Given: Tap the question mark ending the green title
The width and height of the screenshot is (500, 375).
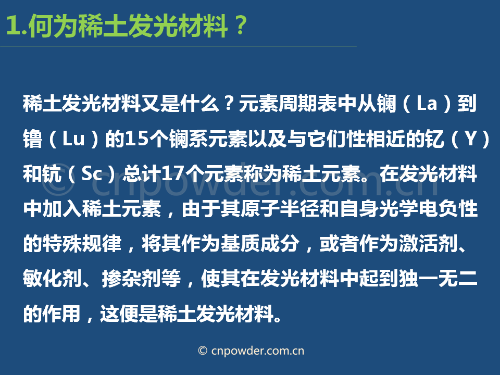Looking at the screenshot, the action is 241,26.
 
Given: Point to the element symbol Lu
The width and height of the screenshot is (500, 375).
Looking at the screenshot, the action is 73,139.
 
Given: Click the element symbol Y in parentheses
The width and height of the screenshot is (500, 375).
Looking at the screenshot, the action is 471,139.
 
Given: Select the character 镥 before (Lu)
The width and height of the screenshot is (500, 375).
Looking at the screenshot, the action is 32,139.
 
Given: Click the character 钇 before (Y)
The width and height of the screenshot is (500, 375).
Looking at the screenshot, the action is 434,139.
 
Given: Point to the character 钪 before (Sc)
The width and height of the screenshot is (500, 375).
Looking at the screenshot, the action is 52,174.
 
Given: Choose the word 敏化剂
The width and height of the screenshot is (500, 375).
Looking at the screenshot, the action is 53,279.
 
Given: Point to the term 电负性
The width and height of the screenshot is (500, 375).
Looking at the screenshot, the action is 448,209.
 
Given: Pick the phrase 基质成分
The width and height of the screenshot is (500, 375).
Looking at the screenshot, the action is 260,244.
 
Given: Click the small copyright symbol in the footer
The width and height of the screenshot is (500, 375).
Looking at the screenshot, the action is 203,351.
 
